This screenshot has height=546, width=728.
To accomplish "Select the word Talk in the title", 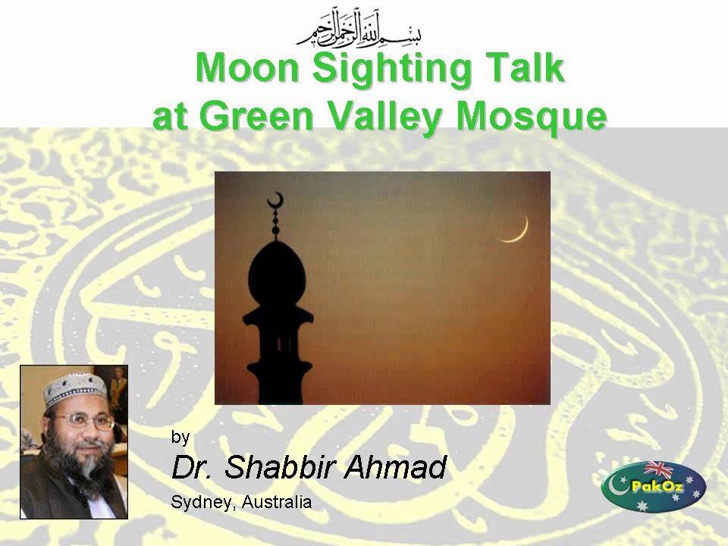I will (529, 69).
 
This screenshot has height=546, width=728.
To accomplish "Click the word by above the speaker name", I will (180, 437).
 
